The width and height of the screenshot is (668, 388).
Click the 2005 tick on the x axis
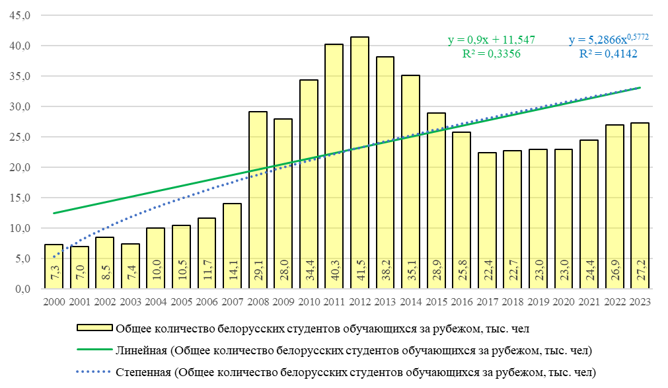click(181, 301)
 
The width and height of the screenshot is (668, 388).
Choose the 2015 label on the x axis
click(436, 301)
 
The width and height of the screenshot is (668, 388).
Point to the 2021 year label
click(589, 301)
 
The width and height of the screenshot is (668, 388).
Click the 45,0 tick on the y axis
click(19, 16)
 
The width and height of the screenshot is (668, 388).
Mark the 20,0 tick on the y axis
click(19, 167)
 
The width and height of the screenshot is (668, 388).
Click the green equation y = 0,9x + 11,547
click(492, 41)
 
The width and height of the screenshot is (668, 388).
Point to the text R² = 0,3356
click(492, 54)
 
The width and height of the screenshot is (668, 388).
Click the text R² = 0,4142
click(608, 54)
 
